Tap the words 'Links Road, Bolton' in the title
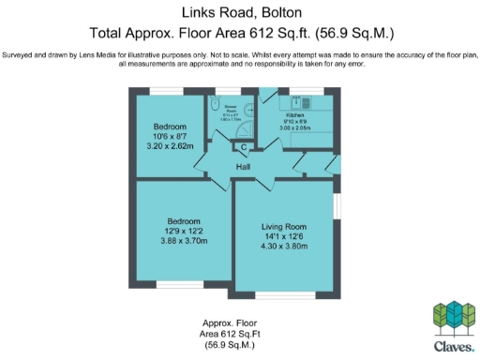pos(239,12)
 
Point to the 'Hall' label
pos(243,167)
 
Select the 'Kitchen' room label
pos(296,115)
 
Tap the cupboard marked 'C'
pos(243,147)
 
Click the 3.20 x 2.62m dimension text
pos(170,146)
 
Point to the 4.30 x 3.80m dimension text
pos(283,247)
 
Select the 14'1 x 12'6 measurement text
pos(283,237)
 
